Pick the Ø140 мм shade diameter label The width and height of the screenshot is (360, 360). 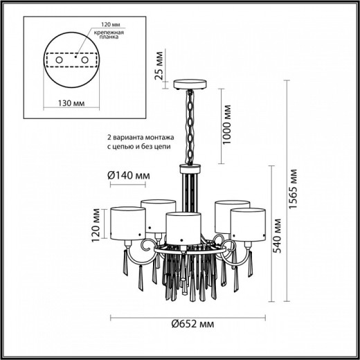(129, 175)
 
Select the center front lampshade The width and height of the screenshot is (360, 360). (183, 224)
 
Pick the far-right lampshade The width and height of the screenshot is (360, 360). (249, 219)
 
